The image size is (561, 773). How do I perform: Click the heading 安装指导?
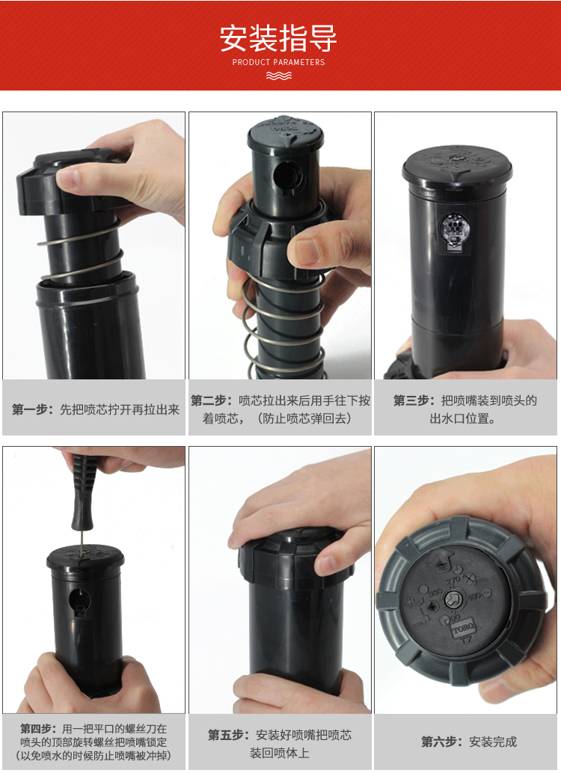click(278, 38)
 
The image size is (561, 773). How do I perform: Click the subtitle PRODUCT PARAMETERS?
click(278, 62)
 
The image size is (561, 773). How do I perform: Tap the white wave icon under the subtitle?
click(279, 76)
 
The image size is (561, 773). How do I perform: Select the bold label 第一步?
click(31, 409)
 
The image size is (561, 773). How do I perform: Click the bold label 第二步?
click(209, 400)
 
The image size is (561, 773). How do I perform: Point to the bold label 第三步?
click(411, 400)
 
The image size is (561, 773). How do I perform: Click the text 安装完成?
click(493, 742)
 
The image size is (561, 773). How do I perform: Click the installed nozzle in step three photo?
click(455, 230)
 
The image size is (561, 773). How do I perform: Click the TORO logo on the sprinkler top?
click(463, 629)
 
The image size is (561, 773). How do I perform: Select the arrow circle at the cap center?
click(453, 600)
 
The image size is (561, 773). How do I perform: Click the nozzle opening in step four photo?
click(77, 601)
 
